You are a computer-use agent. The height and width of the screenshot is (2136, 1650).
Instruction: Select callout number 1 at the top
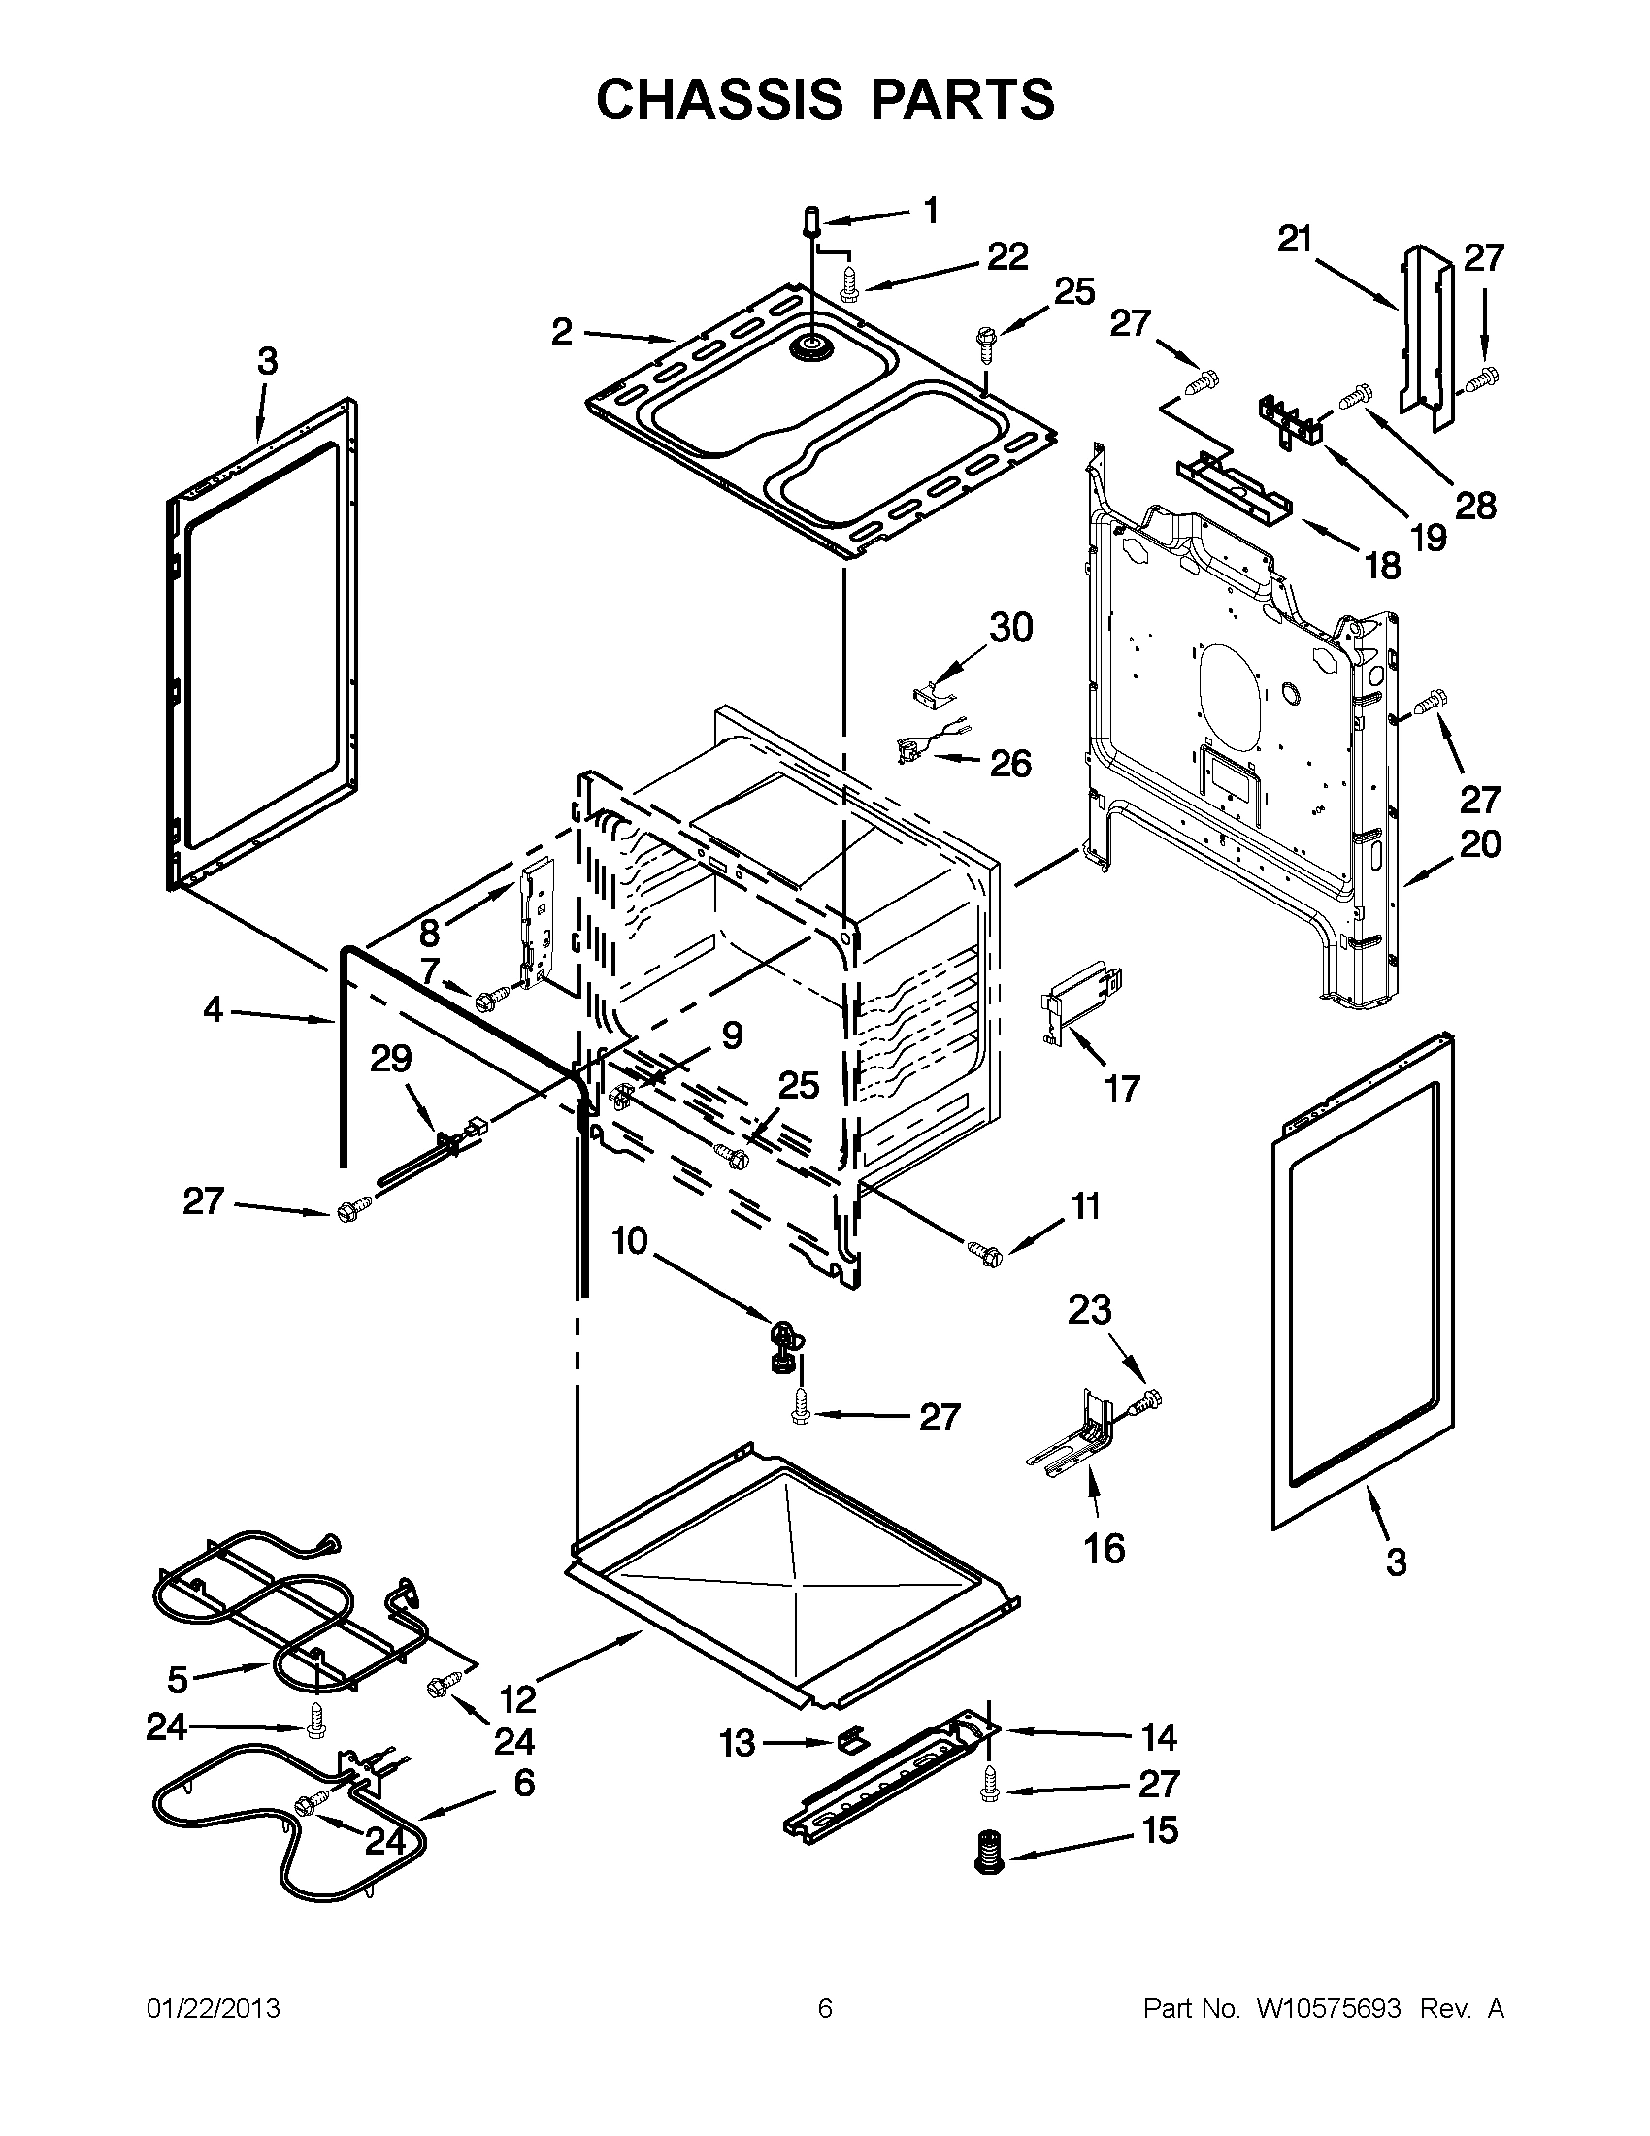[930, 211]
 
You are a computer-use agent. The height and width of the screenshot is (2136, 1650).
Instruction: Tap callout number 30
[1010, 628]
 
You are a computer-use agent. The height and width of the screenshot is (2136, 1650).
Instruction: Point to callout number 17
[1121, 1088]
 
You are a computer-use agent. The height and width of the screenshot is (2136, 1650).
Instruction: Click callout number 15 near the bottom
[1160, 1830]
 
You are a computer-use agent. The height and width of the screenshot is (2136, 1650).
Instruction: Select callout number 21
[1295, 239]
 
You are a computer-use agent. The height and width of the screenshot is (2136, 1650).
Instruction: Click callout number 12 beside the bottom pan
[517, 1700]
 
